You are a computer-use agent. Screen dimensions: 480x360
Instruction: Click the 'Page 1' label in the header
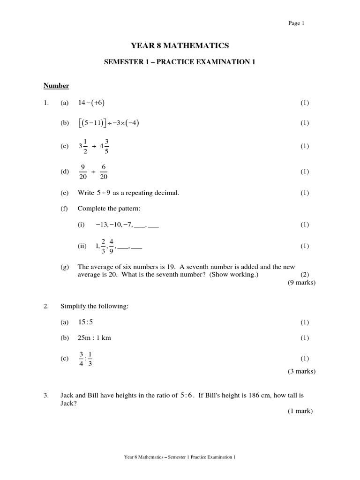pos(297,23)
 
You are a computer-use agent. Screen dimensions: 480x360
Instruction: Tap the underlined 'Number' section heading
pos(56,85)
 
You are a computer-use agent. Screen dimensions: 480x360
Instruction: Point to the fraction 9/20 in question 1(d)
pos(83,172)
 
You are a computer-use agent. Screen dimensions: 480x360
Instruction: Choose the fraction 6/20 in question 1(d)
pos(104,172)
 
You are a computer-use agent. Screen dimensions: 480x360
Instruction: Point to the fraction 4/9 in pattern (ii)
pos(112,246)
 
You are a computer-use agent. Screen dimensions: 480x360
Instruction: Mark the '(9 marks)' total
pos(302,283)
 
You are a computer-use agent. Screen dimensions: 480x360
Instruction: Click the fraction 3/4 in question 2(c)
pos(81,359)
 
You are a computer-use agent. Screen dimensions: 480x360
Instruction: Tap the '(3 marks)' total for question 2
pos(302,371)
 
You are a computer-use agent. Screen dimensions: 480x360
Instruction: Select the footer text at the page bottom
pos(180,457)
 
